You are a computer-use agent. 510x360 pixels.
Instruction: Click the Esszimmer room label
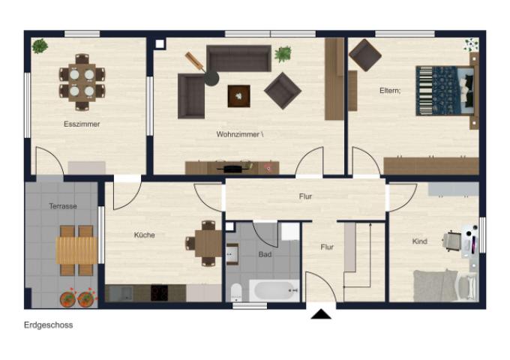[x=82, y=124]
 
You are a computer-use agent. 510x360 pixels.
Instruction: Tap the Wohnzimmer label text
[x=238, y=134]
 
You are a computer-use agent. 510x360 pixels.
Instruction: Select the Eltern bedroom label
[x=390, y=91]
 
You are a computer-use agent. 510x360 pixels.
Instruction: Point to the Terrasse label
[x=63, y=206]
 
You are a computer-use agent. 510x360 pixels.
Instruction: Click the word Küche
[x=145, y=235]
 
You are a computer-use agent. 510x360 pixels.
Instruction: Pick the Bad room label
[x=265, y=254]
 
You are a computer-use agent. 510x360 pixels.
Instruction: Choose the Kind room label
[x=419, y=241]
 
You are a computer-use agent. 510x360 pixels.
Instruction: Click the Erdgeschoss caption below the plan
[x=49, y=325]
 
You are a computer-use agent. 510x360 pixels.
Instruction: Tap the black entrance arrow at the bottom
[x=321, y=314]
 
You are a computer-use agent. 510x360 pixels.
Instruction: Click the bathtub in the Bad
[x=274, y=290]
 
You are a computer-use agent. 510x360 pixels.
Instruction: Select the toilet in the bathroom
[x=235, y=292]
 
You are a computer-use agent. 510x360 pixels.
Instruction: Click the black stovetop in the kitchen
[x=159, y=292]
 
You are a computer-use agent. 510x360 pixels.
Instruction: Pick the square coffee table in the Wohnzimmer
[x=239, y=96]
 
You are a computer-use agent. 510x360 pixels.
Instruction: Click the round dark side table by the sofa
[x=211, y=78]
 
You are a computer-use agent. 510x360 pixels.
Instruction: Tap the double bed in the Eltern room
[x=445, y=91]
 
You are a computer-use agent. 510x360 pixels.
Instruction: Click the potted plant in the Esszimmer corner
[x=40, y=46]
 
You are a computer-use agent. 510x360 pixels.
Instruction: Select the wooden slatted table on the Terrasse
[x=76, y=250]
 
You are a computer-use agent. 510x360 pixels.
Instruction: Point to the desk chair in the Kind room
[x=451, y=241]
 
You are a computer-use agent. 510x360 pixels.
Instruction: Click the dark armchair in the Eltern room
[x=365, y=55]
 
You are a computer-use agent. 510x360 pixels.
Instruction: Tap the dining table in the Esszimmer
[x=82, y=82]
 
